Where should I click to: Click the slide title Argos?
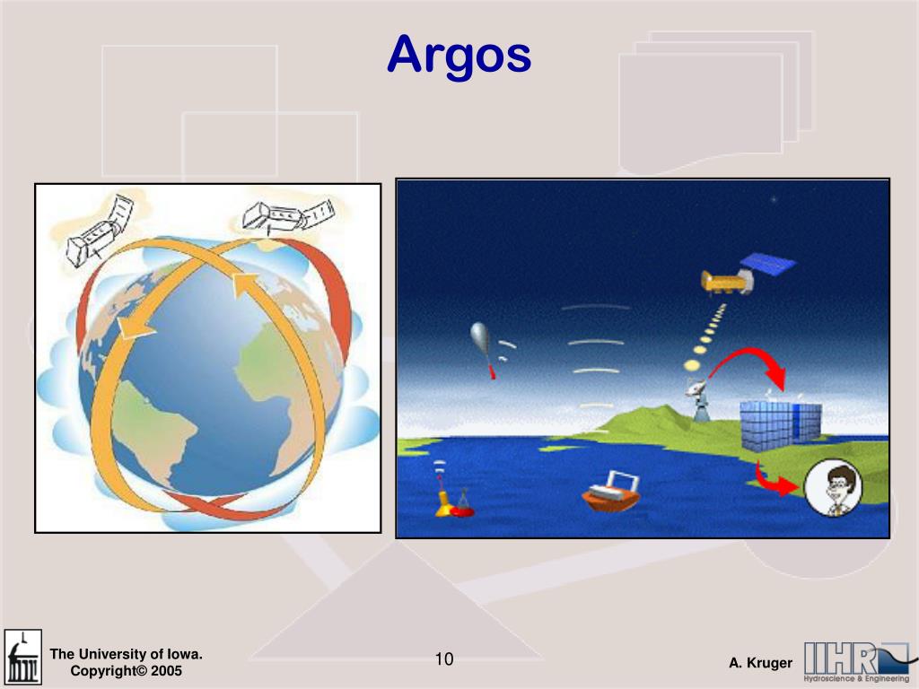pyautogui.click(x=459, y=56)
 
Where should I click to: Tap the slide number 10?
pyautogui.click(x=444, y=660)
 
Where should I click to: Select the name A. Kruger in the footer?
pyautogui.click(x=760, y=663)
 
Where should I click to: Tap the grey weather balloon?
pyautogui.click(x=482, y=342)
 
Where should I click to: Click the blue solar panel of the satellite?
pyautogui.click(x=767, y=264)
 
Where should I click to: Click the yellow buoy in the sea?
pyautogui.click(x=442, y=503)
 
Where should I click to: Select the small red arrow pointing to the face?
pyautogui.click(x=775, y=480)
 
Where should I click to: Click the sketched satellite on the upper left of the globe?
pyautogui.click(x=97, y=228)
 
